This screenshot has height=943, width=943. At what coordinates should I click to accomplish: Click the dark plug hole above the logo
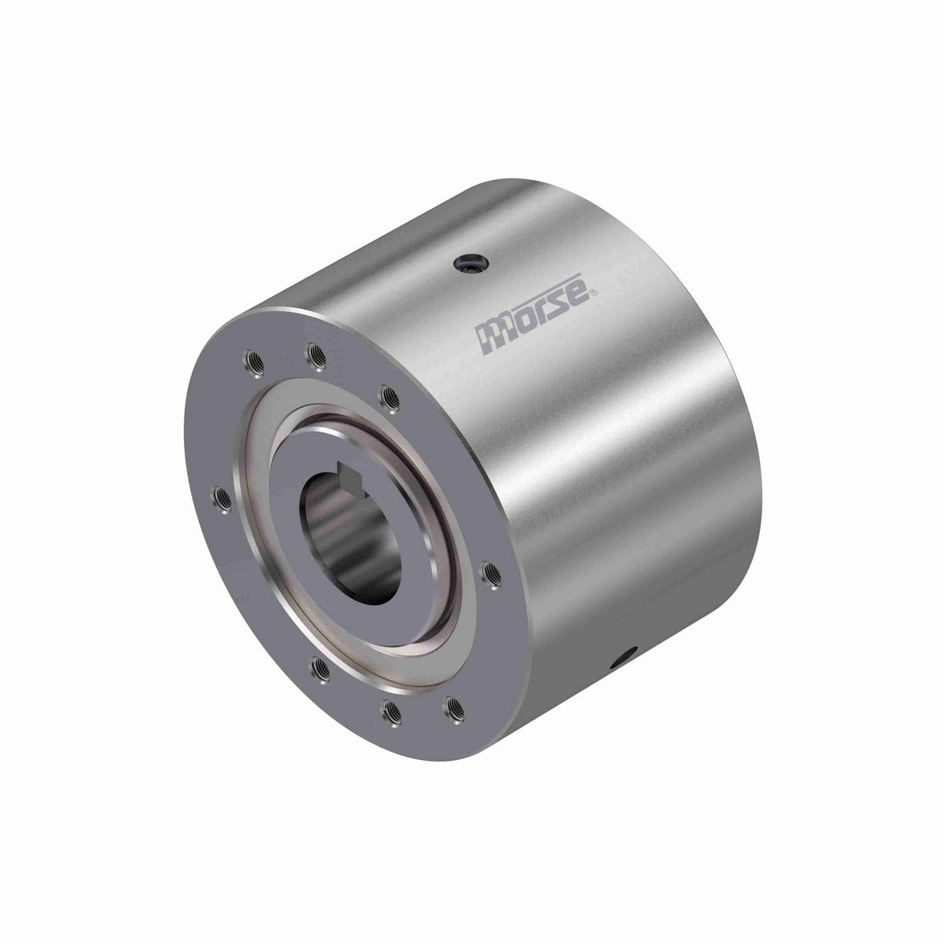pyautogui.click(x=468, y=267)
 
